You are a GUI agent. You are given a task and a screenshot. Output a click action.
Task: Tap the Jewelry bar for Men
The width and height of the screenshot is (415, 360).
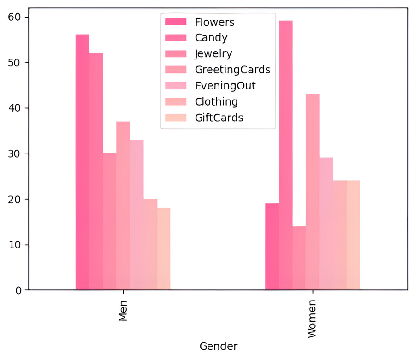[109, 221]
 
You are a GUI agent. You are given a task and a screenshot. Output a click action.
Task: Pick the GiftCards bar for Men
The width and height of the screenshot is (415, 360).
[164, 249]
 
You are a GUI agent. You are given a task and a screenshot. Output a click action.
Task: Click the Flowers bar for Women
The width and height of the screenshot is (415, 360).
[272, 247]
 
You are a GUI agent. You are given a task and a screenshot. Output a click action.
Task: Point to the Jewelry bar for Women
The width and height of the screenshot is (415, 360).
[299, 258]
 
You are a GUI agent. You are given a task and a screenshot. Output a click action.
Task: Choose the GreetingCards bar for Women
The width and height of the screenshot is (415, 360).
[313, 192]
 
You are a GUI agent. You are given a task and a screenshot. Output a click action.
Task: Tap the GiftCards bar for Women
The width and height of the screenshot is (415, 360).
[353, 235]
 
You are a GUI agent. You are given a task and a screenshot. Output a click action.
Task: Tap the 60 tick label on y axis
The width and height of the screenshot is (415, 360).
[15, 18]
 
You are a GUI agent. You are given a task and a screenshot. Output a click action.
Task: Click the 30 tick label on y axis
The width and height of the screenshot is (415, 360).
[15, 154]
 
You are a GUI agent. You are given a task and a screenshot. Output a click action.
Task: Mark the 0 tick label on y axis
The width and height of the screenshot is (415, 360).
[18, 290]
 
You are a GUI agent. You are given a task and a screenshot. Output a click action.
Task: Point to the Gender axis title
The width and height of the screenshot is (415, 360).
[218, 346]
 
